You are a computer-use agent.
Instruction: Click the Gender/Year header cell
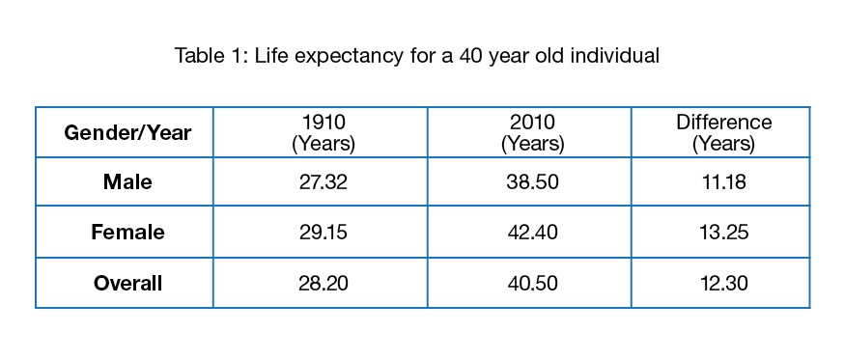(127, 133)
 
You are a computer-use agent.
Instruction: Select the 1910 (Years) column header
(323, 133)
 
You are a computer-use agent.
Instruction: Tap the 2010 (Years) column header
(531, 133)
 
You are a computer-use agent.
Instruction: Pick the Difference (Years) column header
(723, 133)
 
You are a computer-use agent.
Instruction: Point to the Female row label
(127, 233)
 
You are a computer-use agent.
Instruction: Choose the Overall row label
(127, 284)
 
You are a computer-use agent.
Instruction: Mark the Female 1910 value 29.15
(323, 233)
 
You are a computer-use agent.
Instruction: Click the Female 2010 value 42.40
(531, 233)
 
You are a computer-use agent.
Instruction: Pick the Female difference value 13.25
(723, 233)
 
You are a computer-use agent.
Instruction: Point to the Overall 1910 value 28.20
(323, 284)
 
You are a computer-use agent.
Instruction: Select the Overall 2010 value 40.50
(531, 284)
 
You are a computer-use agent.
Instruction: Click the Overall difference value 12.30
(723, 284)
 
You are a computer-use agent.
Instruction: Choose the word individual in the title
(618, 56)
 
